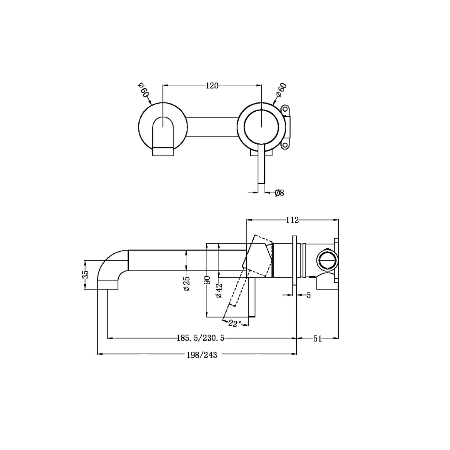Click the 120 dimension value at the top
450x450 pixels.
point(212,86)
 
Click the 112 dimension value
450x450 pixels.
point(292,220)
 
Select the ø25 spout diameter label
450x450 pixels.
point(187,284)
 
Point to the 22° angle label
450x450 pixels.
point(235,324)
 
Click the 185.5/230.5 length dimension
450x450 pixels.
point(200,338)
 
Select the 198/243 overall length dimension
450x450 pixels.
point(202,355)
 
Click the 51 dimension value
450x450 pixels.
point(317,339)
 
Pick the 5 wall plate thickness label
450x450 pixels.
point(308,295)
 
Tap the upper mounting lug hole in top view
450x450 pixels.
point(285,110)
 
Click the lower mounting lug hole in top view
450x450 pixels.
point(285,145)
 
